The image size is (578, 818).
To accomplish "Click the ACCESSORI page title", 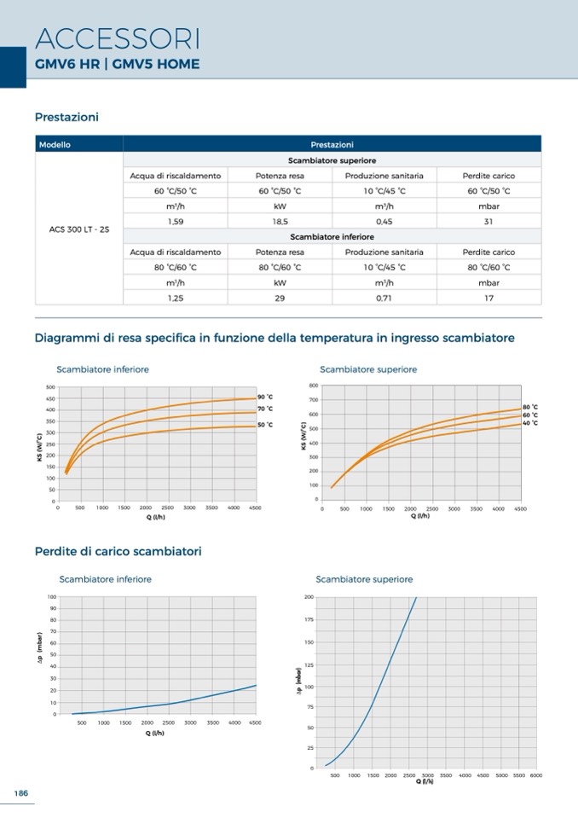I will click(x=118, y=38).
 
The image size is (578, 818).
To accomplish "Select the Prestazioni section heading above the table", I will click(x=66, y=117).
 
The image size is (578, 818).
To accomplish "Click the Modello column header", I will click(x=55, y=144).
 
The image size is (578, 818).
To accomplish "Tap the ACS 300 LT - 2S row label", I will click(x=79, y=229).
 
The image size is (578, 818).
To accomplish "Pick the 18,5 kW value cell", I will click(x=279, y=221).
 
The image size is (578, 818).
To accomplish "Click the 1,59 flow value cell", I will click(x=176, y=221).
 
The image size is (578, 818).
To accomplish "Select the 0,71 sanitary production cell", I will click(x=384, y=299).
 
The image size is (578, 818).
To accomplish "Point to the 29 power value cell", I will click(x=279, y=299).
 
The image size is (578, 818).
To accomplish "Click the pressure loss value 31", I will click(x=488, y=221).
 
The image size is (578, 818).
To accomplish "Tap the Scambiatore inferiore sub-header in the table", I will click(x=332, y=236).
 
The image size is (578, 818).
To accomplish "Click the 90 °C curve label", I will click(x=265, y=397).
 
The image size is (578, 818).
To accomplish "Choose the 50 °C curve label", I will click(x=265, y=425).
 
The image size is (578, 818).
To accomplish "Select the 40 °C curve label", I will click(x=529, y=423).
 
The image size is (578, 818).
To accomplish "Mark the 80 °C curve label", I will click(x=529, y=407).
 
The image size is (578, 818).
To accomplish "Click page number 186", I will click(x=21, y=793).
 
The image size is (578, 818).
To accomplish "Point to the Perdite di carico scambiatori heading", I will click(x=118, y=552).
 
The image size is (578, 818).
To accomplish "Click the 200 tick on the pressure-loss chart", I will click(x=309, y=597).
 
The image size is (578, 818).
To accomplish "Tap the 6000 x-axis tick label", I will click(x=535, y=775).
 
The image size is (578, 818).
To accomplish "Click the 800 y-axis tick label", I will click(x=314, y=386).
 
